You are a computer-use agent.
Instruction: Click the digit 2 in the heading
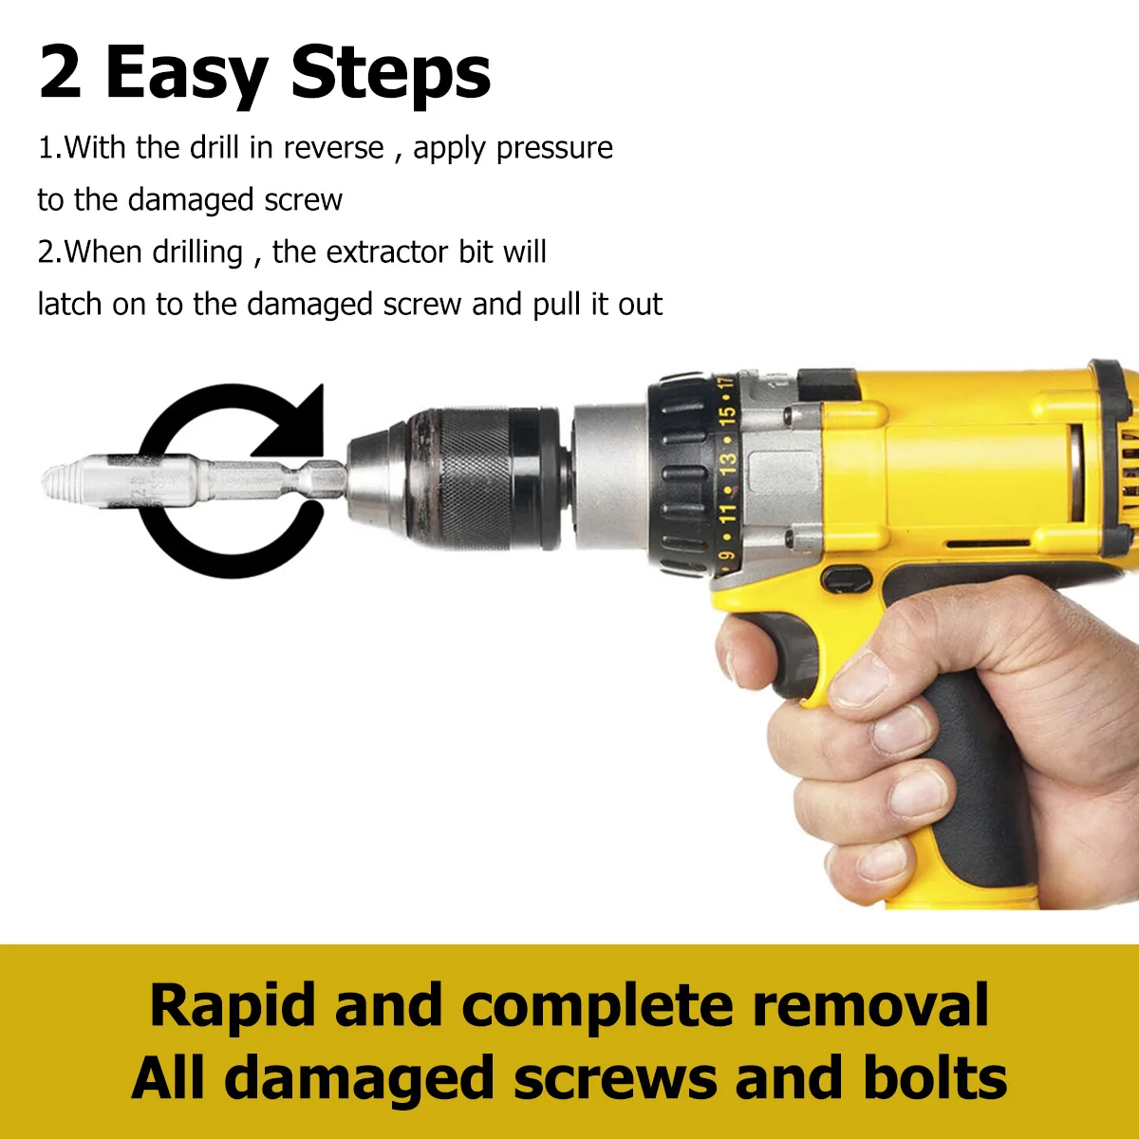point(61,73)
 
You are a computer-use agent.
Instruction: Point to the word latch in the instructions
point(69,304)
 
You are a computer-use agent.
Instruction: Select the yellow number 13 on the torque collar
point(728,463)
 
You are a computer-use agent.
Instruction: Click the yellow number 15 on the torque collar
point(728,416)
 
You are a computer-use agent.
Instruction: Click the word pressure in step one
point(554,149)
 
